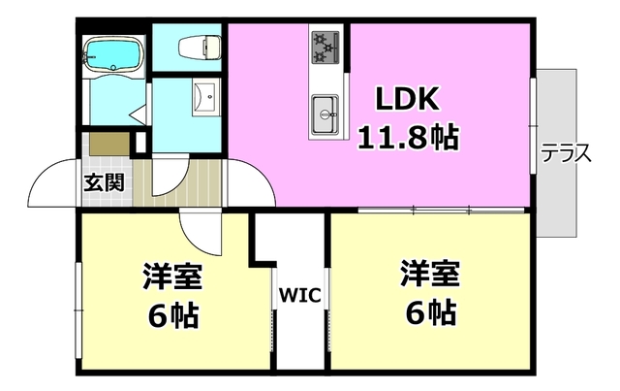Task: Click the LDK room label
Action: pos(407,98)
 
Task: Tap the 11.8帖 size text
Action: pos(407,135)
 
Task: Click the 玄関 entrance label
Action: pos(103,180)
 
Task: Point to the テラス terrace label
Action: pos(566,153)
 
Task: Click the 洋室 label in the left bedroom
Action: pos(174,277)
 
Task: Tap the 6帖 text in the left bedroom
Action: pos(174,314)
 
